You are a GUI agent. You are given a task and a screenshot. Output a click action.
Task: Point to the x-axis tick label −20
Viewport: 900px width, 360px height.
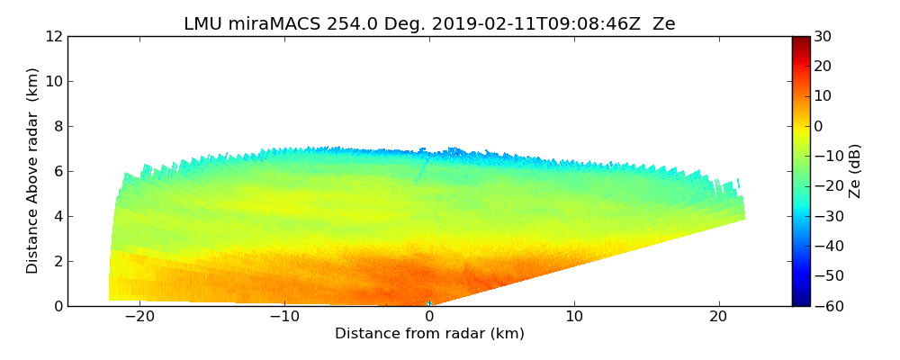tap(139, 317)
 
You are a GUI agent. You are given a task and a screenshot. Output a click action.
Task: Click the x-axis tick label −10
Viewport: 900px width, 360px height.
tap(284, 317)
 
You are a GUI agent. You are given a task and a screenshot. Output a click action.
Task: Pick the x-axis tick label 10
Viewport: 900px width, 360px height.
tap(574, 317)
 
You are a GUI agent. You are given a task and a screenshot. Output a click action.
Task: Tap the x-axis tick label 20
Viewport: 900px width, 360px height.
tap(719, 317)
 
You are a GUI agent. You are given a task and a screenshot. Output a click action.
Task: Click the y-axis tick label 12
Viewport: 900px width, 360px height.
tap(54, 36)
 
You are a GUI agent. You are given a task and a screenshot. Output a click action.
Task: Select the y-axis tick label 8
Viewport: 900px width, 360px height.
tap(58, 126)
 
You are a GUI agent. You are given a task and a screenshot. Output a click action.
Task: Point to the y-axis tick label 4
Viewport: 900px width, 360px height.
tap(58, 216)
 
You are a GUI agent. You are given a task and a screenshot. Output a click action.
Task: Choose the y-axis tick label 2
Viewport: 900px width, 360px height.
tap(58, 261)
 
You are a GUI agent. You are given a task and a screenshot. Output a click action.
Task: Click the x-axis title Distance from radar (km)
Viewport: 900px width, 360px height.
tap(429, 334)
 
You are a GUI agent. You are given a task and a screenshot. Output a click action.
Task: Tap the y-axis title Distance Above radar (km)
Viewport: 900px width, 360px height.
tap(33, 170)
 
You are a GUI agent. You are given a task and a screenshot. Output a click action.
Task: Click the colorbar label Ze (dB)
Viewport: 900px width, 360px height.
tap(855, 171)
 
